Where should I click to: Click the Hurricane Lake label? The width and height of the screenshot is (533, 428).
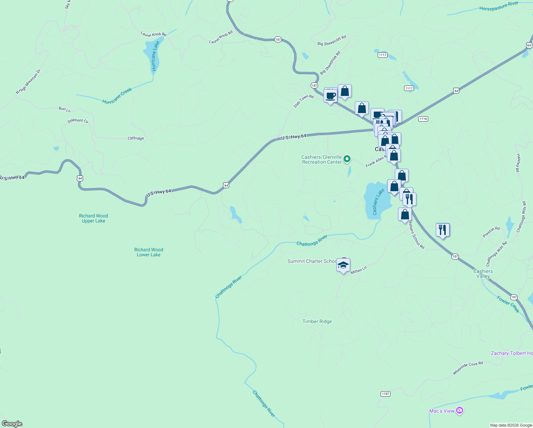click(154, 56)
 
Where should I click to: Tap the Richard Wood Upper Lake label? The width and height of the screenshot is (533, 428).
click(93, 218)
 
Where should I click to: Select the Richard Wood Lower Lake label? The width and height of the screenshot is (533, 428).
click(149, 252)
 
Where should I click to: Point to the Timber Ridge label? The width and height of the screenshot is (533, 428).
click(317, 321)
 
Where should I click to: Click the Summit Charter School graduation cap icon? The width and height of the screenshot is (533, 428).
click(343, 265)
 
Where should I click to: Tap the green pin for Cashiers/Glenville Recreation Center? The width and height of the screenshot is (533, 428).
click(347, 159)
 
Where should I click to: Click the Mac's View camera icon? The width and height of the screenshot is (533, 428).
click(460, 411)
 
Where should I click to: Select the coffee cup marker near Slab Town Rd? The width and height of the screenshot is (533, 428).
click(331, 96)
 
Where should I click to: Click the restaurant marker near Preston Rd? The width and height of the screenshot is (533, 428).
click(443, 230)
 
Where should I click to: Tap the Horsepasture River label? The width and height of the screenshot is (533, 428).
click(499, 6)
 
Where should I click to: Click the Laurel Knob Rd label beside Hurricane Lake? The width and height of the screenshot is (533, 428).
click(154, 34)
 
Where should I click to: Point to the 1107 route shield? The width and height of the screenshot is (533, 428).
click(385, 394)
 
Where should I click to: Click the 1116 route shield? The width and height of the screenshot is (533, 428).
click(423, 119)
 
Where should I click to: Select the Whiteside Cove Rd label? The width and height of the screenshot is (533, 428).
click(468, 368)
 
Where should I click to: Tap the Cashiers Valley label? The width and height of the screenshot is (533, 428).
click(483, 274)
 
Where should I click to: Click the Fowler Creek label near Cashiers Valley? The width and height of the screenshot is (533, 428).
click(508, 305)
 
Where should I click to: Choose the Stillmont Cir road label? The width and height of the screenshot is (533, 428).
click(78, 121)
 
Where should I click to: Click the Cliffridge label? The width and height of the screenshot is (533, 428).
click(136, 138)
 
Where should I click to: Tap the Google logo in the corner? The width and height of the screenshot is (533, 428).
click(12, 424)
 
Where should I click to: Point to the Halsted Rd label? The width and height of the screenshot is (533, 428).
click(518, 163)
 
